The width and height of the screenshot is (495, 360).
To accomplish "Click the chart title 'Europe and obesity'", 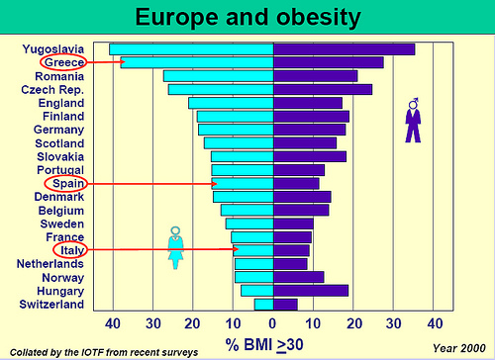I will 247,17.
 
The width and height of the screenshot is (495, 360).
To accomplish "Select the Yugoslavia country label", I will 58,48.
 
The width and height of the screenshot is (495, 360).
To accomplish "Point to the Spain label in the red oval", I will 64,184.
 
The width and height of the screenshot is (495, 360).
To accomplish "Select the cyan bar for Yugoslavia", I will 191,48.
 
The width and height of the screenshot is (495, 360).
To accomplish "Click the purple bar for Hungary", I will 311,291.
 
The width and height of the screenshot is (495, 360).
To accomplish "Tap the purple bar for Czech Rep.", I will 322,89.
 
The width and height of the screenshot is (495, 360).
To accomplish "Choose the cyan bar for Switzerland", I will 263,305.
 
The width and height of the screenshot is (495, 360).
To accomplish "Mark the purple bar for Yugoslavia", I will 344,48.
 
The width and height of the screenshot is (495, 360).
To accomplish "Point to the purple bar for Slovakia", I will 309,156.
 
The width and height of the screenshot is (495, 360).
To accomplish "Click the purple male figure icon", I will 413,120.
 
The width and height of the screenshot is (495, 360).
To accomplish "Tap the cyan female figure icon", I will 176,247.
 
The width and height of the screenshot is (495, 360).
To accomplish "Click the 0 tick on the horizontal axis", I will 273,323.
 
